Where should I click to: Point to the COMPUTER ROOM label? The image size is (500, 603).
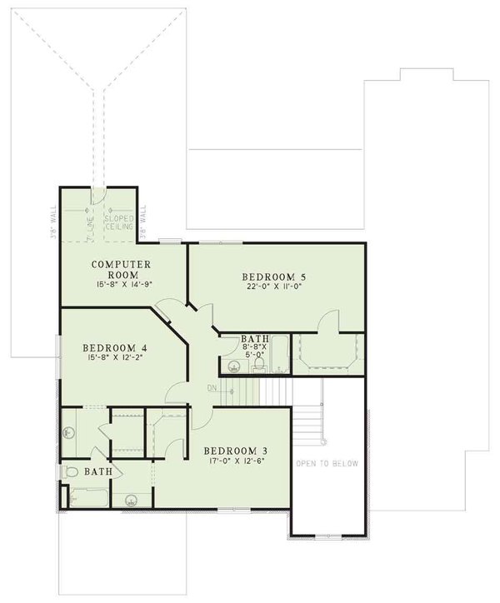(119, 269)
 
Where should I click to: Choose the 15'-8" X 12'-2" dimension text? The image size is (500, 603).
(115, 360)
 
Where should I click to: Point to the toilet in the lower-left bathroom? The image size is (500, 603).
(72, 471)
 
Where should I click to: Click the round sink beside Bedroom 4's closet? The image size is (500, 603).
(71, 431)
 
